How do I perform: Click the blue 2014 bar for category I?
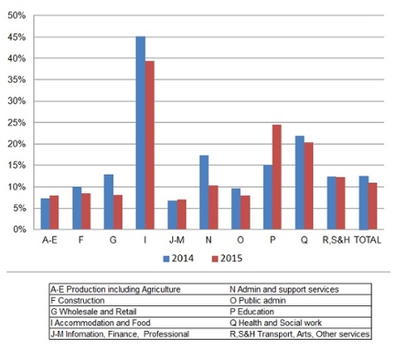point(140,132)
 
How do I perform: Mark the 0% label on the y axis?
point(19,229)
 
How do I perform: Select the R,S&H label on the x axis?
point(334,240)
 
